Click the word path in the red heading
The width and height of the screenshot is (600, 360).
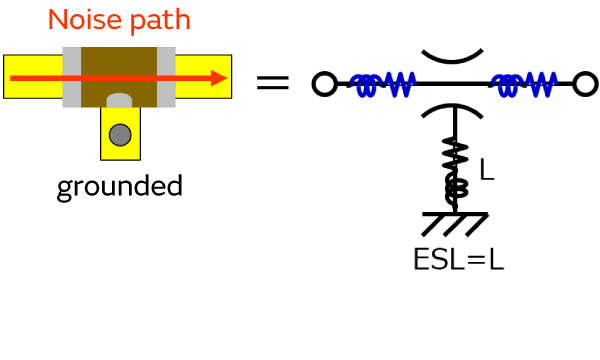click(161, 21)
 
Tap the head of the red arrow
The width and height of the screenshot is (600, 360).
click(219, 78)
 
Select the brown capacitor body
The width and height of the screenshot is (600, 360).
click(119, 77)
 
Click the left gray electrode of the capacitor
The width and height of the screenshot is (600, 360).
click(72, 77)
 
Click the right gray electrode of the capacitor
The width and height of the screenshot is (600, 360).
click(166, 77)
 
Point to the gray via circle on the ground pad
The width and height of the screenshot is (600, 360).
click(120, 135)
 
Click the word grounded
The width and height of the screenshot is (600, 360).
click(120, 187)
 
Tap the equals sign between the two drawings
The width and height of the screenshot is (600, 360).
click(272, 83)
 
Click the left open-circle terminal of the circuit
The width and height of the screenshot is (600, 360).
click(324, 84)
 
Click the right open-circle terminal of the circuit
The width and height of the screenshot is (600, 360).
click(585, 84)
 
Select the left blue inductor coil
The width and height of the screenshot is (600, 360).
click(365, 85)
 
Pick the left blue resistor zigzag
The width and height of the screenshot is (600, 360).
click(400, 84)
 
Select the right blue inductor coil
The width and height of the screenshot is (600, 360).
click(507, 85)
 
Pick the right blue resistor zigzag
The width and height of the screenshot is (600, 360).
click(541, 84)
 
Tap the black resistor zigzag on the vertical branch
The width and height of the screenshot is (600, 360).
click(455, 156)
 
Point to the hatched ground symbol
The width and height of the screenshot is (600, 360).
click(455, 223)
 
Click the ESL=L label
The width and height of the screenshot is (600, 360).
click(459, 260)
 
